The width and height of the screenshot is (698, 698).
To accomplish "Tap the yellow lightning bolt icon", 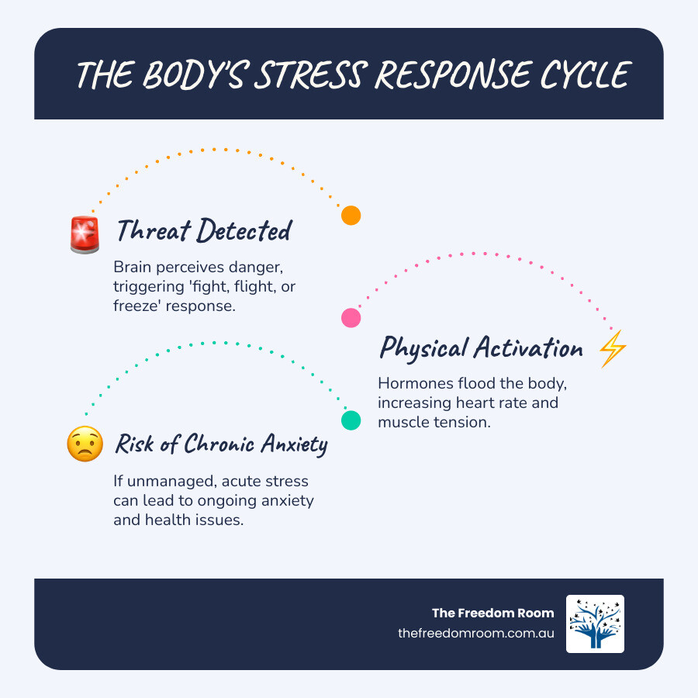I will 613,349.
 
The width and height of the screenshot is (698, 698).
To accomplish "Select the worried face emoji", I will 85,445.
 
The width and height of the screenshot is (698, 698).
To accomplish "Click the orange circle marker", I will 351,216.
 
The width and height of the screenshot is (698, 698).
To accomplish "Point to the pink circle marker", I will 351,317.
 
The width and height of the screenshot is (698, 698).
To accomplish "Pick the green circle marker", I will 351,420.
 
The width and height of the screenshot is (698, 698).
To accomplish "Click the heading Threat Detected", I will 203,230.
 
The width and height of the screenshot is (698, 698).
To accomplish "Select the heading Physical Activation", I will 481,348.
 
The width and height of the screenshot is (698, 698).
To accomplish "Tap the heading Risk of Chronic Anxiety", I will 221,444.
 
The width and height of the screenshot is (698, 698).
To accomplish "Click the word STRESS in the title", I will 313,75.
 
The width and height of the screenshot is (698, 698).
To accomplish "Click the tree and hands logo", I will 595,624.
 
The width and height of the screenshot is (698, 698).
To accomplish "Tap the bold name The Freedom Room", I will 493,613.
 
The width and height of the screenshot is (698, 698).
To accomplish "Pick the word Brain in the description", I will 133,268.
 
